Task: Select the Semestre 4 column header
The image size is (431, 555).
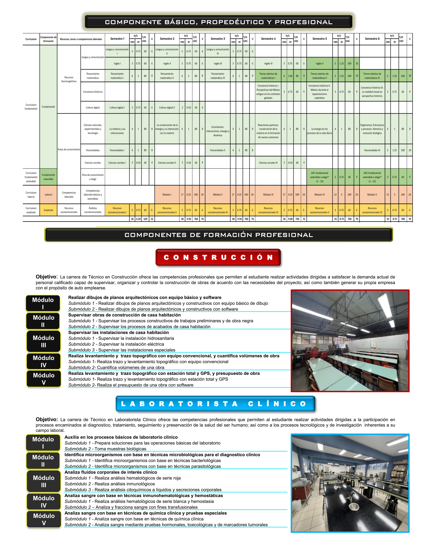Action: point(268,39)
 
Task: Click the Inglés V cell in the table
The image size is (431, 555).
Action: point(320,64)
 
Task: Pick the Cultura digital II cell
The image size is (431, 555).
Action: point(167,107)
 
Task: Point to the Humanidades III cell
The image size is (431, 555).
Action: point(372,150)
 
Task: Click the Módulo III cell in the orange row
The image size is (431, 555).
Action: point(268,195)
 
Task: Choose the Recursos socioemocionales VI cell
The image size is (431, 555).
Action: point(372,210)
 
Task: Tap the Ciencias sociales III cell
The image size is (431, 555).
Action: point(268,163)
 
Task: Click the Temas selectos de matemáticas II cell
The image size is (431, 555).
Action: point(320,76)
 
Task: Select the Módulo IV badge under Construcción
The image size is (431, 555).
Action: point(43,361)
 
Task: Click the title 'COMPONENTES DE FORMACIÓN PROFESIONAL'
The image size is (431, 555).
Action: point(218,235)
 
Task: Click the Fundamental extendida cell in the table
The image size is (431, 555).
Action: point(48,177)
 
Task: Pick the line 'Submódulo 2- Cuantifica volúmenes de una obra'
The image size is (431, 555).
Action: point(116,367)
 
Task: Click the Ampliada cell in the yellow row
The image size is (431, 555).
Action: point(48,210)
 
